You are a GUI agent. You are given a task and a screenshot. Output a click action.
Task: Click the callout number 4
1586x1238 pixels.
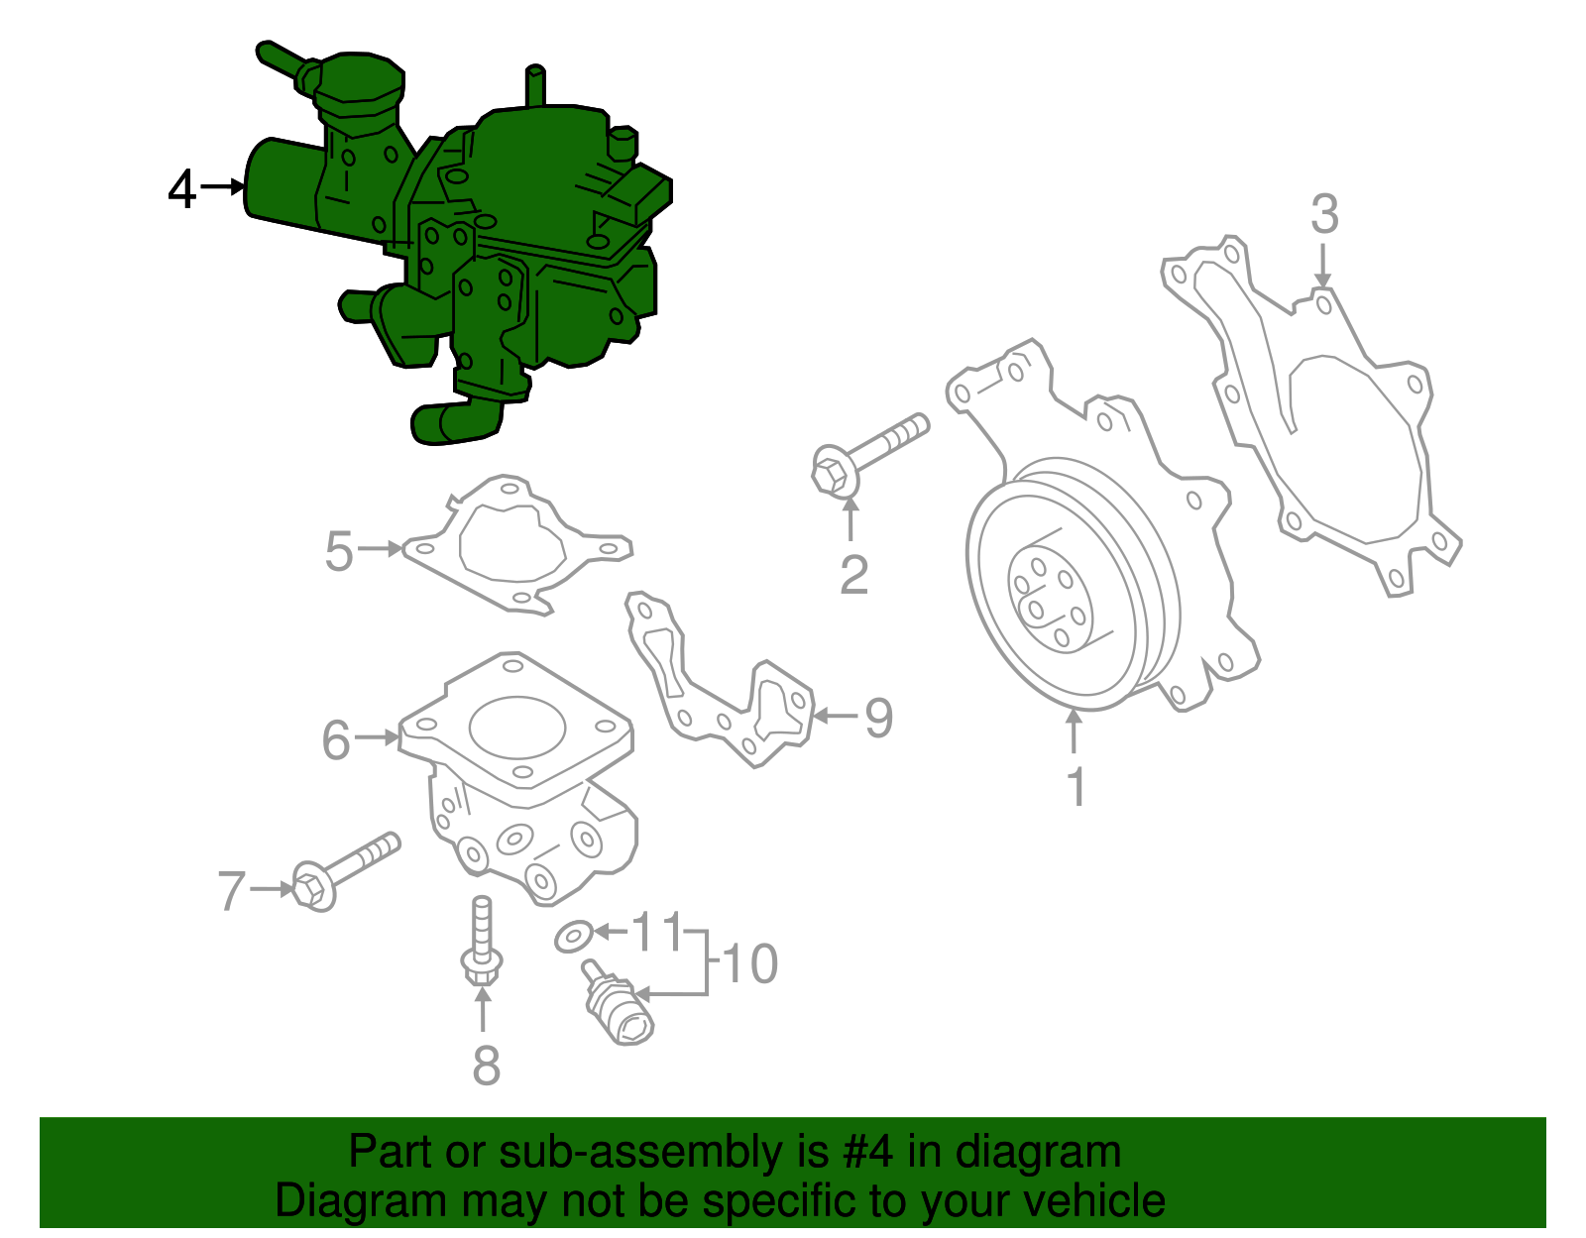[182, 189]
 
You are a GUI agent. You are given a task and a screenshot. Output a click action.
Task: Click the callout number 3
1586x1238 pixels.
[1324, 214]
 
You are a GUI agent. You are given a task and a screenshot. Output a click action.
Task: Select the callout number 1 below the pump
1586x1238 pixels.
[1076, 788]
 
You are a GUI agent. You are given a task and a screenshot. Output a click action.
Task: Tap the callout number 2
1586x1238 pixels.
[853, 575]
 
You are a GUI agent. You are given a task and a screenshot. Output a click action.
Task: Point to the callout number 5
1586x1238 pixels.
[339, 551]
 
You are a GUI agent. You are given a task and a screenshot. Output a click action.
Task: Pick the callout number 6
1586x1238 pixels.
[336, 740]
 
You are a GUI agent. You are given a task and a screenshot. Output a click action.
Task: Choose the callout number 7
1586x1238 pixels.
[231, 891]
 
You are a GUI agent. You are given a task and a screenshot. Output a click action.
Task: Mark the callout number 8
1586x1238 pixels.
[486, 1066]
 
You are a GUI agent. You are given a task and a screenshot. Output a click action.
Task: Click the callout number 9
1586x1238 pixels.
[878, 718]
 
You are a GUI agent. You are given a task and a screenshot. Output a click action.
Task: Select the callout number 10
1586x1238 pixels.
[750, 964]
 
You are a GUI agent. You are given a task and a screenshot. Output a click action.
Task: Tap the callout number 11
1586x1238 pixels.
[657, 932]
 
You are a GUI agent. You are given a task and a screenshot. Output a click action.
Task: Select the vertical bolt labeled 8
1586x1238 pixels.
[482, 941]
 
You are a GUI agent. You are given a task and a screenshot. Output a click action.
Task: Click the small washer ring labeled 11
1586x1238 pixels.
[573, 935]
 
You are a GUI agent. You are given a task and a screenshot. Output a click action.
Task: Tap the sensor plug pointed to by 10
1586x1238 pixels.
[619, 1009]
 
